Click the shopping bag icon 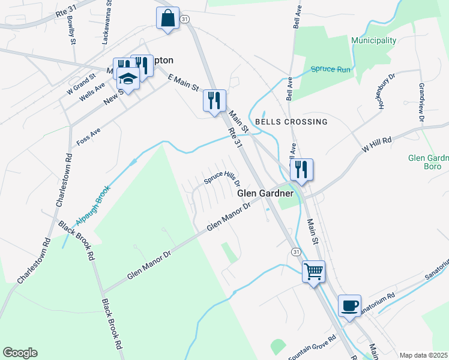(x=167, y=18)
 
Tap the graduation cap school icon (x=128, y=77)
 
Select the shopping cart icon (x=313, y=272)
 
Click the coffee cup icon (x=349, y=306)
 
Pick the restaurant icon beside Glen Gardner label (x=301, y=170)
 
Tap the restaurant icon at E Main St (x=214, y=101)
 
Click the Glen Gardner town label (x=265, y=194)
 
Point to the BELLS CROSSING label (x=291, y=122)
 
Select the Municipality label (x=374, y=41)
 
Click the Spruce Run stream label (x=330, y=70)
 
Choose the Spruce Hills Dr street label (x=221, y=178)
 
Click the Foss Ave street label (x=88, y=137)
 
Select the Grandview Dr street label (x=421, y=103)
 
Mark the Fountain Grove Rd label (x=312, y=347)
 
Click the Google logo (x=20, y=353)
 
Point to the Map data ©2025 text (x=423, y=355)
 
